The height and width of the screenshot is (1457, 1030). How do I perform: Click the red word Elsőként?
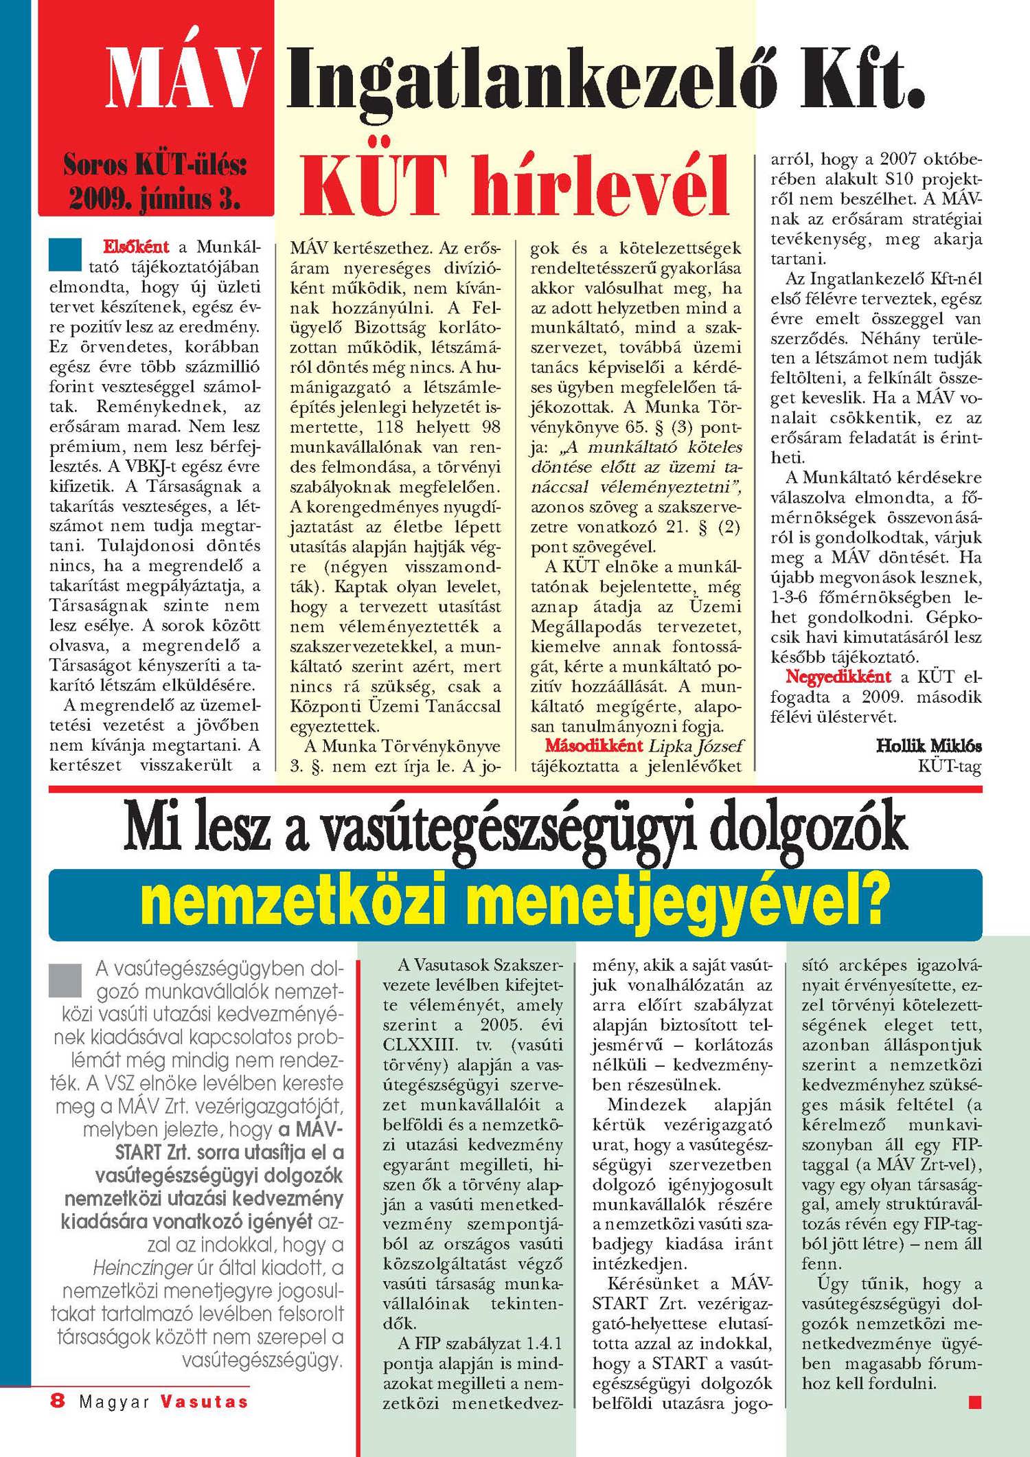136,247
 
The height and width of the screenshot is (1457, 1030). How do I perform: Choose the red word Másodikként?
594,745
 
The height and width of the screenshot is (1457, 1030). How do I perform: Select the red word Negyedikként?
838,677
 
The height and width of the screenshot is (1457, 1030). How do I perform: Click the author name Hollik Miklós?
928,745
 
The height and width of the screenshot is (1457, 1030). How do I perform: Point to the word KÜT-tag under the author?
950,765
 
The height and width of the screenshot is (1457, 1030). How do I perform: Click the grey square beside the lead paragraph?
65,980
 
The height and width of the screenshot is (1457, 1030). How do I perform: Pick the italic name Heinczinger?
143,1267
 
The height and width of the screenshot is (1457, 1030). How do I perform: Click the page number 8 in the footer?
58,1401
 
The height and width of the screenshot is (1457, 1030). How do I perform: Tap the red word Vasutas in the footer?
205,1401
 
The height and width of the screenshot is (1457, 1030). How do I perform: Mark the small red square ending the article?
974,1401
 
